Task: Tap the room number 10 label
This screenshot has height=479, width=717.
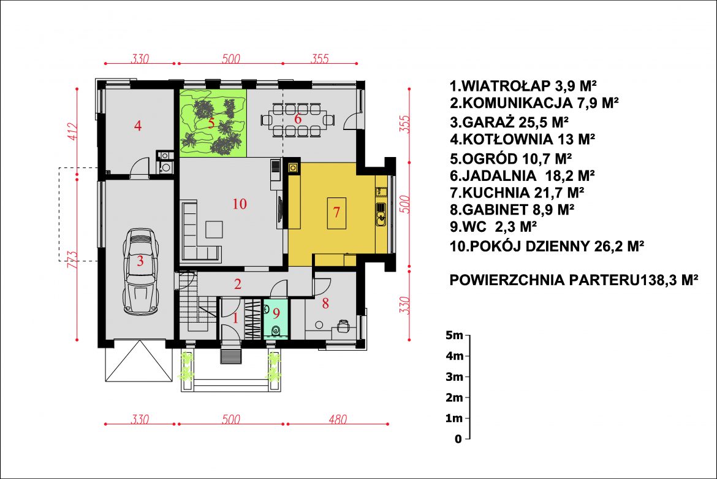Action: (240, 204)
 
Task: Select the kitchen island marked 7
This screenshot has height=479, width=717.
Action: (336, 213)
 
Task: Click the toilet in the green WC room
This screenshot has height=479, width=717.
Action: (276, 331)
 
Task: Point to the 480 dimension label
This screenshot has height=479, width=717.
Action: (338, 419)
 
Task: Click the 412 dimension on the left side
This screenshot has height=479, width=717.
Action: (73, 131)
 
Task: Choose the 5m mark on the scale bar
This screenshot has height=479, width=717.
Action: (454, 335)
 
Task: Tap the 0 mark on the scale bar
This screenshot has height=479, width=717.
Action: (458, 439)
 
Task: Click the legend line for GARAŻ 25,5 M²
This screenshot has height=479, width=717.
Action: (509, 122)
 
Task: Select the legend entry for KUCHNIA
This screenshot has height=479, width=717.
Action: (517, 193)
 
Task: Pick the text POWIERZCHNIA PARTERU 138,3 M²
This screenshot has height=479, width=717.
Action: (574, 280)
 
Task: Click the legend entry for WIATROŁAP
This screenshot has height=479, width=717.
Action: (523, 85)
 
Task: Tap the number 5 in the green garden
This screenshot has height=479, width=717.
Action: (211, 123)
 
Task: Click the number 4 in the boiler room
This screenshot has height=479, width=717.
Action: (138, 125)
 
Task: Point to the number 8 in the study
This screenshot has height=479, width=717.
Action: (325, 303)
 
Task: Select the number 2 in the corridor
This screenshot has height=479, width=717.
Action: (238, 284)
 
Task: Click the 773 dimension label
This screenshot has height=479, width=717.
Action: (72, 259)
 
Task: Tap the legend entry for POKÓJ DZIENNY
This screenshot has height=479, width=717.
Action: (547, 246)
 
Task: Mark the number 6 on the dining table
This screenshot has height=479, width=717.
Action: (298, 119)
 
